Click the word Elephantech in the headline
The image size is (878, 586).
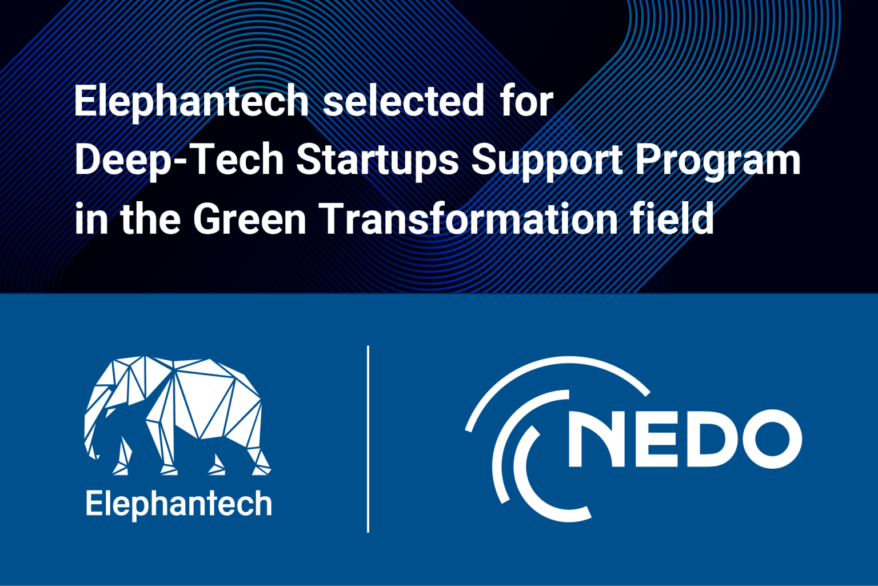click(191, 102)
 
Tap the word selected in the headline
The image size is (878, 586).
click(404, 102)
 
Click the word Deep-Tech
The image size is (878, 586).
click(179, 161)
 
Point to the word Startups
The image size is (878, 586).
click(377, 161)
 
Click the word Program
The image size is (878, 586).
click(718, 161)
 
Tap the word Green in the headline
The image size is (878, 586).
click(250, 219)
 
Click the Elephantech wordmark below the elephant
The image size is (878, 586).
click(178, 504)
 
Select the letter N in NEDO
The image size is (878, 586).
click(594, 439)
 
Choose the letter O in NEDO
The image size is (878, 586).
click(769, 439)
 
